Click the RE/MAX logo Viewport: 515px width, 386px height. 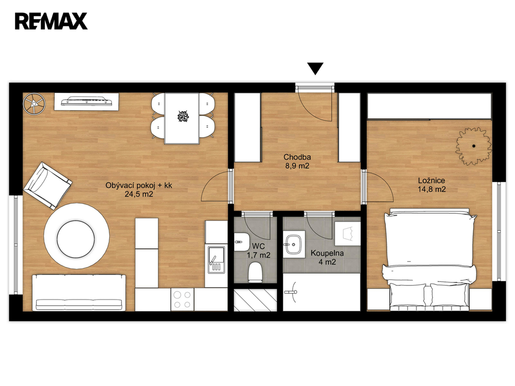tap(51, 21)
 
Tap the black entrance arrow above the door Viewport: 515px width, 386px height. tap(315, 68)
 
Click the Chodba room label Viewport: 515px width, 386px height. tap(297, 157)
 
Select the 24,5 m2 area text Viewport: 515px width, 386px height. tap(139, 194)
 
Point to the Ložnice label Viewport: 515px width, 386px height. tap(432, 180)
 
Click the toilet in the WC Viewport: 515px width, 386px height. tap(255, 272)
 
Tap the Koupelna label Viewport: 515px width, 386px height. tap(327, 253)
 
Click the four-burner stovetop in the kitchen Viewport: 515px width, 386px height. tap(182, 300)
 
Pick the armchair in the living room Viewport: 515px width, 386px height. tap(48, 185)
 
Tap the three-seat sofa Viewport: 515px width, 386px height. tap(79, 293)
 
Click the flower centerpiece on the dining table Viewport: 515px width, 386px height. tap(182, 116)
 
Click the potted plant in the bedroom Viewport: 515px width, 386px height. tap(473, 146)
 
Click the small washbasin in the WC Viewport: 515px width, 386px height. tap(241, 242)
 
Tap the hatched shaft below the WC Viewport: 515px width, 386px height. tap(255, 300)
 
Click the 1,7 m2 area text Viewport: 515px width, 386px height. tap(259, 255)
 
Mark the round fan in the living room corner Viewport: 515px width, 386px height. tap(34, 104)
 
